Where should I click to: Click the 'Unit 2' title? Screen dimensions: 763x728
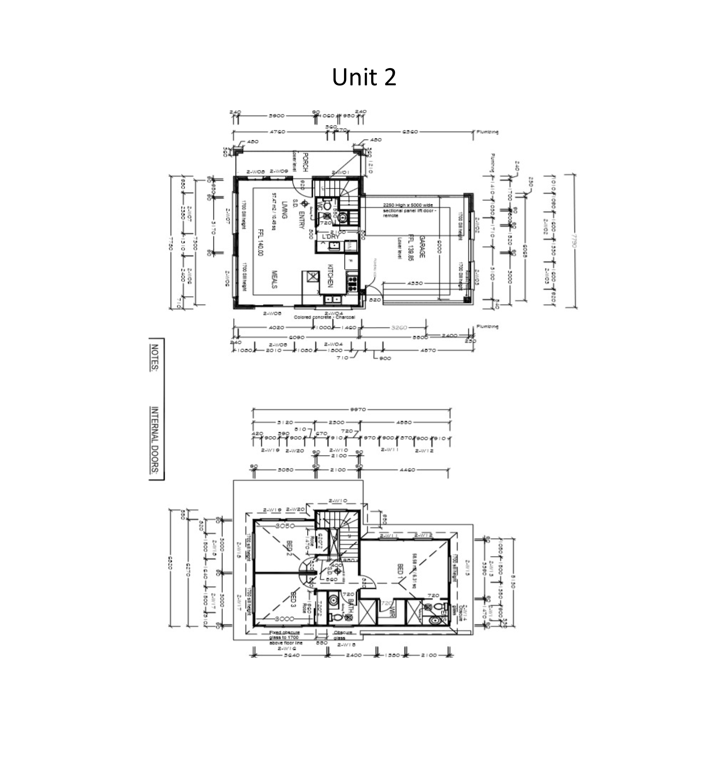coord(364,77)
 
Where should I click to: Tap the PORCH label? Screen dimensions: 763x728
coord(305,162)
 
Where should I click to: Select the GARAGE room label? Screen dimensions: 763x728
coord(422,246)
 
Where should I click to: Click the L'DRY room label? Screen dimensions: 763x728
coord(331,237)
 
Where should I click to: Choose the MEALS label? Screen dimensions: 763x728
coord(274,279)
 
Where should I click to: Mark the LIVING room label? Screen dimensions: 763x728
coord(284,210)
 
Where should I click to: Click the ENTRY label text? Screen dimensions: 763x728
coord(302,219)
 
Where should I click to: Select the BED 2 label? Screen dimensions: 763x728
coord(289,547)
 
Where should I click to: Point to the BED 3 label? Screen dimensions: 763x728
coord(293,600)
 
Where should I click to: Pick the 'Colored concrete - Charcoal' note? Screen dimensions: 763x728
coord(324,317)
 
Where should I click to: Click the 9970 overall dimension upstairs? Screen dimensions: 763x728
coord(357,409)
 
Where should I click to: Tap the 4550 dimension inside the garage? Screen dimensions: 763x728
coord(415,283)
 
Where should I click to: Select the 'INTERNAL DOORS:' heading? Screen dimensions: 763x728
coord(155,440)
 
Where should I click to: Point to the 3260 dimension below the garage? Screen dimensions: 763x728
coord(399,327)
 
